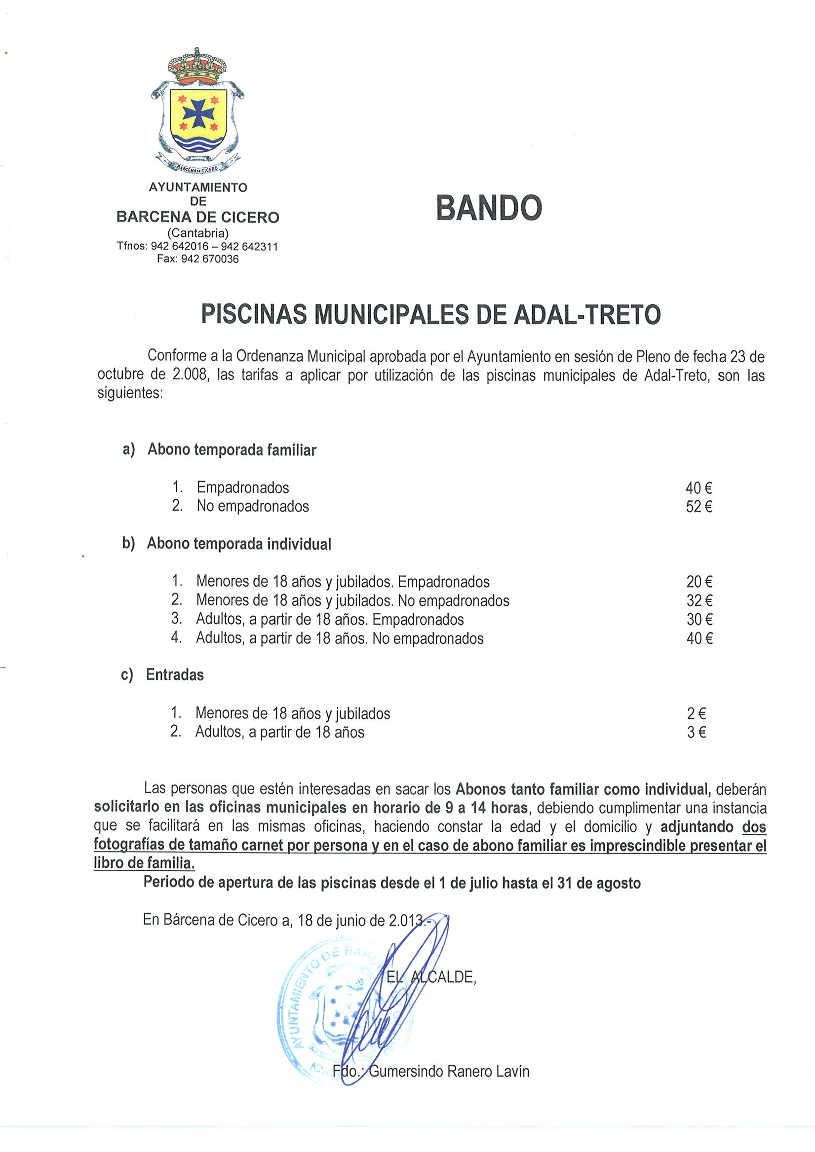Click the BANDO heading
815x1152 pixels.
pyautogui.click(x=489, y=208)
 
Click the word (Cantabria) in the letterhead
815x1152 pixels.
pyautogui.click(x=198, y=233)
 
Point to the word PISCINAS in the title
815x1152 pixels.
pyautogui.click(x=254, y=315)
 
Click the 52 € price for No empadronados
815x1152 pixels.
pyautogui.click(x=699, y=507)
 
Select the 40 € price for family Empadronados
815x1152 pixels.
pyautogui.click(x=699, y=488)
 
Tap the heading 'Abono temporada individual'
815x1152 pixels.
pyautogui.click(x=238, y=544)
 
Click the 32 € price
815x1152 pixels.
pyautogui.click(x=699, y=600)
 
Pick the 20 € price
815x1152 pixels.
pyautogui.click(x=699, y=582)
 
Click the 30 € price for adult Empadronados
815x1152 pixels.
pyautogui.click(x=699, y=620)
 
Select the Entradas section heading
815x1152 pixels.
pyautogui.click(x=175, y=675)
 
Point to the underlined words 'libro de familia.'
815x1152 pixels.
pyautogui.click(x=144, y=863)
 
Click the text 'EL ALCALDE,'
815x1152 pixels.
pyautogui.click(x=431, y=977)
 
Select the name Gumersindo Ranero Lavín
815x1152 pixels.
pyautogui.click(x=449, y=1071)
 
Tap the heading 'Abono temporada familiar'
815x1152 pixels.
pyautogui.click(x=232, y=450)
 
